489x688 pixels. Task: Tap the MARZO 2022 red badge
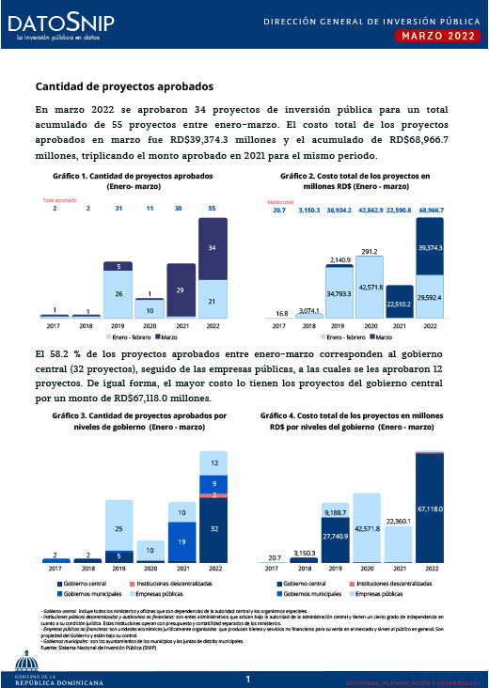tap(433, 36)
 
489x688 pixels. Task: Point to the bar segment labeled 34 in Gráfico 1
tap(212, 249)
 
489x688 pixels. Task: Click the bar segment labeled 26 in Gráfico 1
tap(118, 294)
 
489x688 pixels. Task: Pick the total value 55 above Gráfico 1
tap(212, 208)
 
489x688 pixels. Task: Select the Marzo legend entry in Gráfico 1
tap(167, 336)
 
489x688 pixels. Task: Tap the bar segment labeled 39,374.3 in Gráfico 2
tap(430, 247)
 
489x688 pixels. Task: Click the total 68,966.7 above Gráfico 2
tap(432, 211)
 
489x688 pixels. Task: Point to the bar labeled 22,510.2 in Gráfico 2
tap(399, 303)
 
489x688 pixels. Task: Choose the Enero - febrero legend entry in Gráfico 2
tap(344, 336)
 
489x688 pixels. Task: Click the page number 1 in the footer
tap(245, 679)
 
